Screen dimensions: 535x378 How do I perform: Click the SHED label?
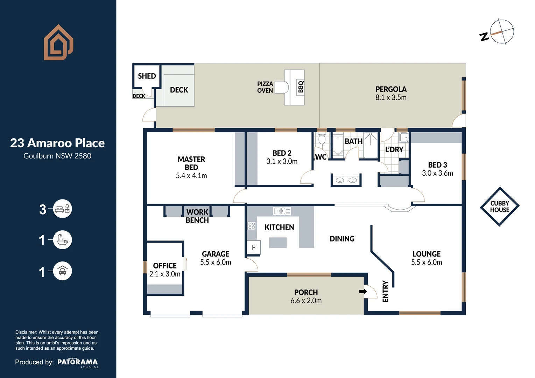[x=147, y=76]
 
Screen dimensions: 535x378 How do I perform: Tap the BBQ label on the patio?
[x=301, y=87]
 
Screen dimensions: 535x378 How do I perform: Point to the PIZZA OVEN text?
[x=265, y=87]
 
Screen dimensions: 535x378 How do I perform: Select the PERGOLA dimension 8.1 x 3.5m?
[x=391, y=98]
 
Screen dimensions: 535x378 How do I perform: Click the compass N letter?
[x=484, y=37]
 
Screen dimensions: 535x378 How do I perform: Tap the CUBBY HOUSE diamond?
[x=500, y=206]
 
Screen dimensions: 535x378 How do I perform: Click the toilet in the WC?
[x=322, y=139]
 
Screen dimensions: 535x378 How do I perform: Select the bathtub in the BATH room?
[x=338, y=145]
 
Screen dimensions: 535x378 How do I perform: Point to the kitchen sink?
[x=282, y=211]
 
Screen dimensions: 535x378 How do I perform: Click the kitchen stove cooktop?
[x=252, y=226]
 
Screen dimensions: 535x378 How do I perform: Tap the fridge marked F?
[x=253, y=247]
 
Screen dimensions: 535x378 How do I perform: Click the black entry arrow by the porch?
[x=363, y=292]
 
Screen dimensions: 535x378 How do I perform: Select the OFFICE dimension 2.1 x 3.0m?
[x=165, y=274]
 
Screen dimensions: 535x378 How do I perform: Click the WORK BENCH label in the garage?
[x=197, y=216]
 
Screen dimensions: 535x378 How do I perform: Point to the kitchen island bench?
[x=278, y=243]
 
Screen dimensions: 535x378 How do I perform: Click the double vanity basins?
[x=346, y=180]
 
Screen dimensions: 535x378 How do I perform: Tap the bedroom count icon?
[x=62, y=209]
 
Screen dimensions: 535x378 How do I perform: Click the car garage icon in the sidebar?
[x=62, y=271]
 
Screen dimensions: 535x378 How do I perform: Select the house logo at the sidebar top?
[x=58, y=42]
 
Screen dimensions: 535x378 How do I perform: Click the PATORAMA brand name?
[x=78, y=362]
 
